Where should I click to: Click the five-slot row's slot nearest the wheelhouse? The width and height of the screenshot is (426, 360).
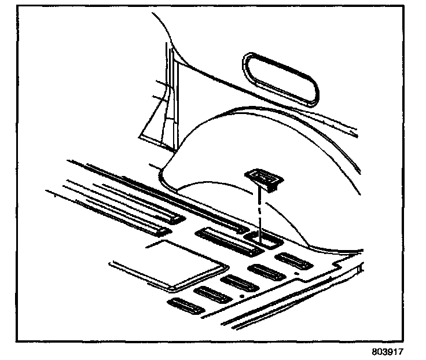click(293, 261)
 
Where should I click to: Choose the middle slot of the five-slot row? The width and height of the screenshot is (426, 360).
click(238, 284)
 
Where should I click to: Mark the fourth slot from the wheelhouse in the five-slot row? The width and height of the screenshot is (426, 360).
click(212, 295)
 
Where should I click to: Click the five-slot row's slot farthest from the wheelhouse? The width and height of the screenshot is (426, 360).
click(185, 306)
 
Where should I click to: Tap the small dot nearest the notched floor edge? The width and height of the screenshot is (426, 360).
click(296, 272)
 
